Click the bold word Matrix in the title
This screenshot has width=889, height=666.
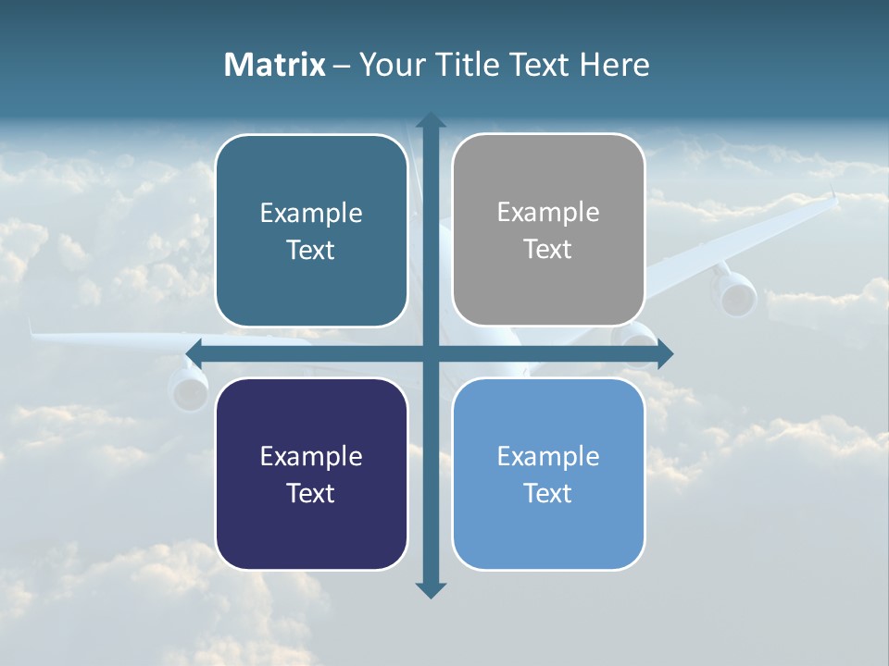pos(275,65)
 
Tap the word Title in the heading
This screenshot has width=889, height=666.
pos(472,65)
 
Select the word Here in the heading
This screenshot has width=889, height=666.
pos(614,65)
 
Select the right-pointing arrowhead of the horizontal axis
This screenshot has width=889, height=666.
pos(664,354)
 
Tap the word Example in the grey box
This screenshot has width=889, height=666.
pos(548,213)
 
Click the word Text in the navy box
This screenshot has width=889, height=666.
pos(311,493)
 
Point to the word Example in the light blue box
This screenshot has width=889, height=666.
pos(548,456)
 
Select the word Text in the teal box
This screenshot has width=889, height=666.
pos(311,250)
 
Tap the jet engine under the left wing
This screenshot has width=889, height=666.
pos(189,388)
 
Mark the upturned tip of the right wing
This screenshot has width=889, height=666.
pos(833,197)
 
